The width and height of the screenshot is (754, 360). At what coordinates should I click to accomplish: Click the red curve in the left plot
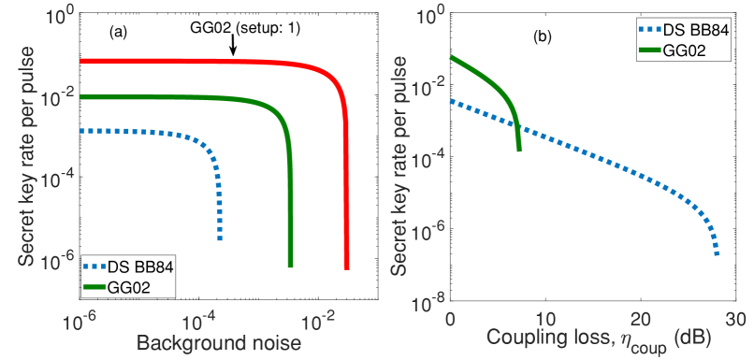(206, 61)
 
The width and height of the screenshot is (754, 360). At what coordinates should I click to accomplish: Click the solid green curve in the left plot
(187, 97)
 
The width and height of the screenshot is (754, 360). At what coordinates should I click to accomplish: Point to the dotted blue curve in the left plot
(140, 132)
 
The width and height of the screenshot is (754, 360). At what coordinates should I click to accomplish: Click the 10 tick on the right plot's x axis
(545, 318)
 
